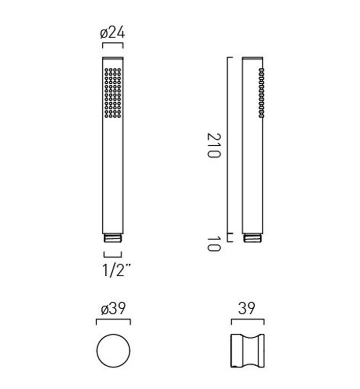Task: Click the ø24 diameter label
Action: [112, 33]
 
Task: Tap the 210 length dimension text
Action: [214, 145]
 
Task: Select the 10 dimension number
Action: [214, 244]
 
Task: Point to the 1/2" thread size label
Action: [116, 270]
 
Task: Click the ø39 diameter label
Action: [113, 309]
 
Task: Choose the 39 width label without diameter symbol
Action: [247, 308]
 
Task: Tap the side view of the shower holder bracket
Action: [248, 350]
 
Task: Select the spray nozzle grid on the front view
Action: [113, 93]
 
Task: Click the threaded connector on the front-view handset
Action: [113, 238]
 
